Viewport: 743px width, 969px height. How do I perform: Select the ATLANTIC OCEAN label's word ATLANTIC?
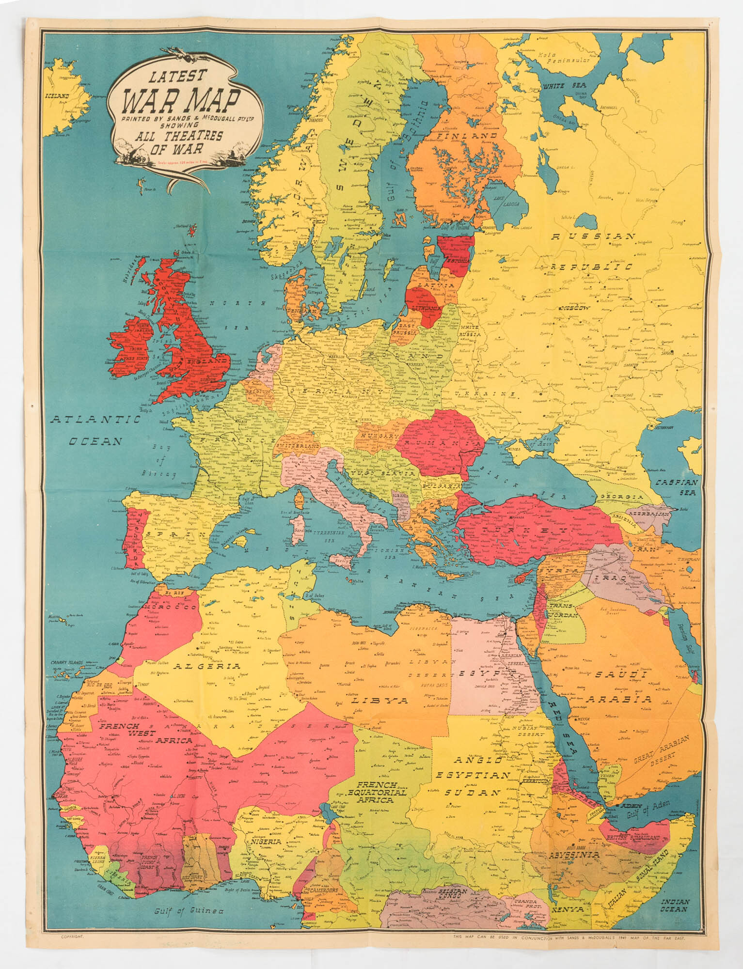point(96,420)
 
